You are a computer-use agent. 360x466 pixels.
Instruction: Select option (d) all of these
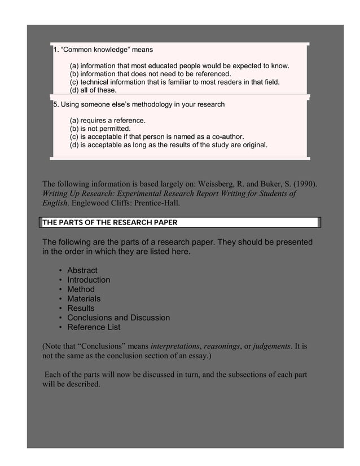[93, 90]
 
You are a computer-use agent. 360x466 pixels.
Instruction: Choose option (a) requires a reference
[107, 121]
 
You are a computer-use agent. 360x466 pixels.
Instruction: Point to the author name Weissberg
[219, 183]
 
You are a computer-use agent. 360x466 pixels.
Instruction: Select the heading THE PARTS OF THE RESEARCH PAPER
[109, 222]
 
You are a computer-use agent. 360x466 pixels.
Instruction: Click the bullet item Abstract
[82, 270]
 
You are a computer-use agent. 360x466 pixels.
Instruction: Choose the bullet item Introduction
[89, 280]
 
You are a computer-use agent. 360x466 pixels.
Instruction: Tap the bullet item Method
[81, 289]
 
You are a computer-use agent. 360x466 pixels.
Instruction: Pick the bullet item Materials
[84, 298]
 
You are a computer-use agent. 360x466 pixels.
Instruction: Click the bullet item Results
[81, 308]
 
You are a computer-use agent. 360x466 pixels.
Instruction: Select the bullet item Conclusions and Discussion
[118, 318]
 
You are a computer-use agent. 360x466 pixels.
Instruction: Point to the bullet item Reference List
[94, 327]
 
